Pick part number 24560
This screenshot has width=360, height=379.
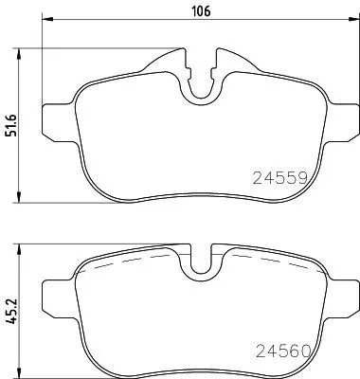pyautogui.click(x=281, y=350)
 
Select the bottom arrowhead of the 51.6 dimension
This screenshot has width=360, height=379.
pyautogui.click(x=21, y=197)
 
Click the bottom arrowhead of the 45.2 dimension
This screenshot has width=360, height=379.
pyautogui.click(x=21, y=370)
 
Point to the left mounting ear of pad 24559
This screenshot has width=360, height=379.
pyautogui.click(x=57, y=105)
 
